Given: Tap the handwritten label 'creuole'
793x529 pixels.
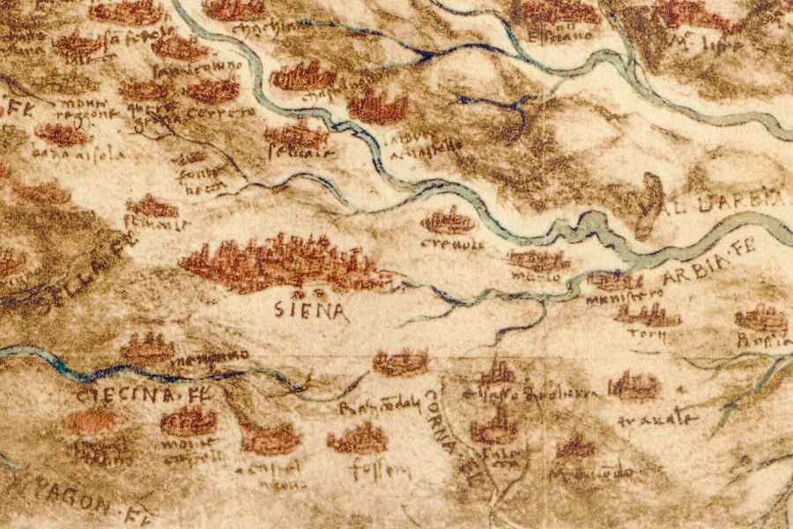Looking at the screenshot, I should coord(448,242).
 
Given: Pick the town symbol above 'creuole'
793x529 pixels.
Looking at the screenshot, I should coord(448,220).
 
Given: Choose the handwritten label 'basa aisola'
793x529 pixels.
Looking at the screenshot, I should coord(79,154).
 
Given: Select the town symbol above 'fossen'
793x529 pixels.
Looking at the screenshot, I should coord(359,437).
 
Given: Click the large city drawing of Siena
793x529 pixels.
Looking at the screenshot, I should coord(282,262).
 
